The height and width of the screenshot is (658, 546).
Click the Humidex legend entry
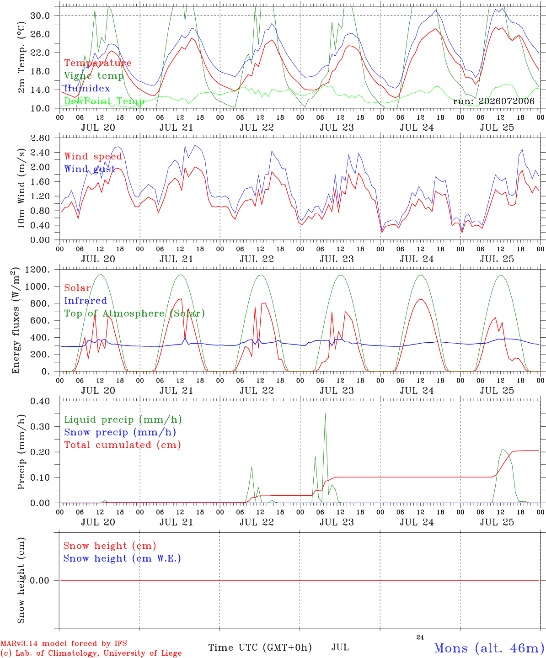click(x=87, y=88)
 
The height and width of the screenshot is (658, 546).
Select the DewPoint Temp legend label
click(x=104, y=101)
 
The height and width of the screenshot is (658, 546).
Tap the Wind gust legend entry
click(x=90, y=169)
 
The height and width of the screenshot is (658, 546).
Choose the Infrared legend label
click(x=86, y=301)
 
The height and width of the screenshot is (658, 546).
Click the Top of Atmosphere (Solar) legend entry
click(x=135, y=313)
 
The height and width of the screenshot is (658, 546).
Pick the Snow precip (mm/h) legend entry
click(x=120, y=432)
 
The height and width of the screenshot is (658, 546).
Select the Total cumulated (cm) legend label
click(x=123, y=445)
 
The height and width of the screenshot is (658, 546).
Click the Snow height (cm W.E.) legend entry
click(x=122, y=558)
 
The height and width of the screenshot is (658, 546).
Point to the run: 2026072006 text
click(x=493, y=101)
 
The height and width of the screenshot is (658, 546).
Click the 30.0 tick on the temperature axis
click(x=40, y=16)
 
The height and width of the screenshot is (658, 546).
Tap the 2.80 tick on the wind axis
click(x=40, y=138)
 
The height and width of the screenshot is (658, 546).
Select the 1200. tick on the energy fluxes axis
click(x=37, y=270)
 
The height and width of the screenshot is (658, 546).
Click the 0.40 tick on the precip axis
click(x=40, y=401)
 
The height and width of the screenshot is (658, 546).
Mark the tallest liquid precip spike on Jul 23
click(x=325, y=414)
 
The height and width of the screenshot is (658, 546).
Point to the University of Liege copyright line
click(x=91, y=653)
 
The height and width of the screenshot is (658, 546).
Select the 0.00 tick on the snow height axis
click(x=40, y=580)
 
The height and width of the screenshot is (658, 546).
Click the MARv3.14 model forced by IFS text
click(x=64, y=643)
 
